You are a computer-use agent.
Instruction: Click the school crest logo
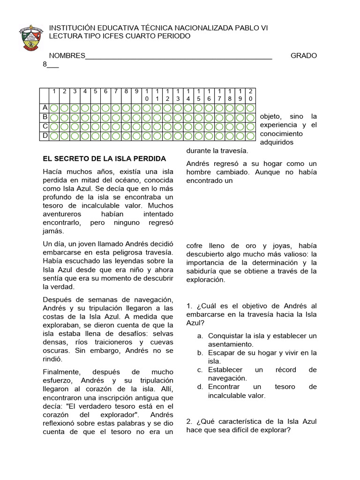coord(31,38)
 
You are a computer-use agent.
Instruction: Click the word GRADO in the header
coord(304,56)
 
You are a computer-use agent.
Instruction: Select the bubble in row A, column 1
coord(54,108)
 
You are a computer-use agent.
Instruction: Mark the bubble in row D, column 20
coord(251,136)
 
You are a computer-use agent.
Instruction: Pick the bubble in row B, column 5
coord(96,118)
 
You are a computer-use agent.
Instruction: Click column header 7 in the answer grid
coord(116,91)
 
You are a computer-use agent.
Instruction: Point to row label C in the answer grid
coord(45,127)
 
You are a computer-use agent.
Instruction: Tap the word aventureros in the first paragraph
coord(62,214)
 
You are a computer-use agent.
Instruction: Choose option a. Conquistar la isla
coord(262,336)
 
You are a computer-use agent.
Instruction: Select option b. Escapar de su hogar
coord(262,353)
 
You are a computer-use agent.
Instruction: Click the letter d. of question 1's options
coord(200,387)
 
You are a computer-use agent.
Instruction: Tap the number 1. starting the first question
coord(189,306)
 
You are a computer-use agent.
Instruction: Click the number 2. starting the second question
coord(189,421)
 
